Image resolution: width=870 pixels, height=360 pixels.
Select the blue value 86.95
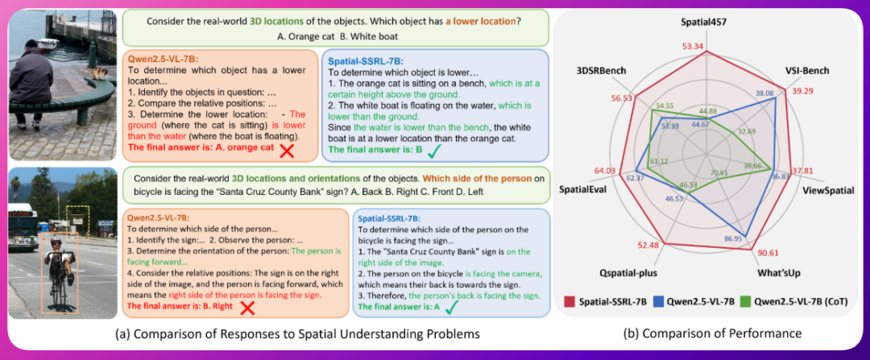coord(734,239)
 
